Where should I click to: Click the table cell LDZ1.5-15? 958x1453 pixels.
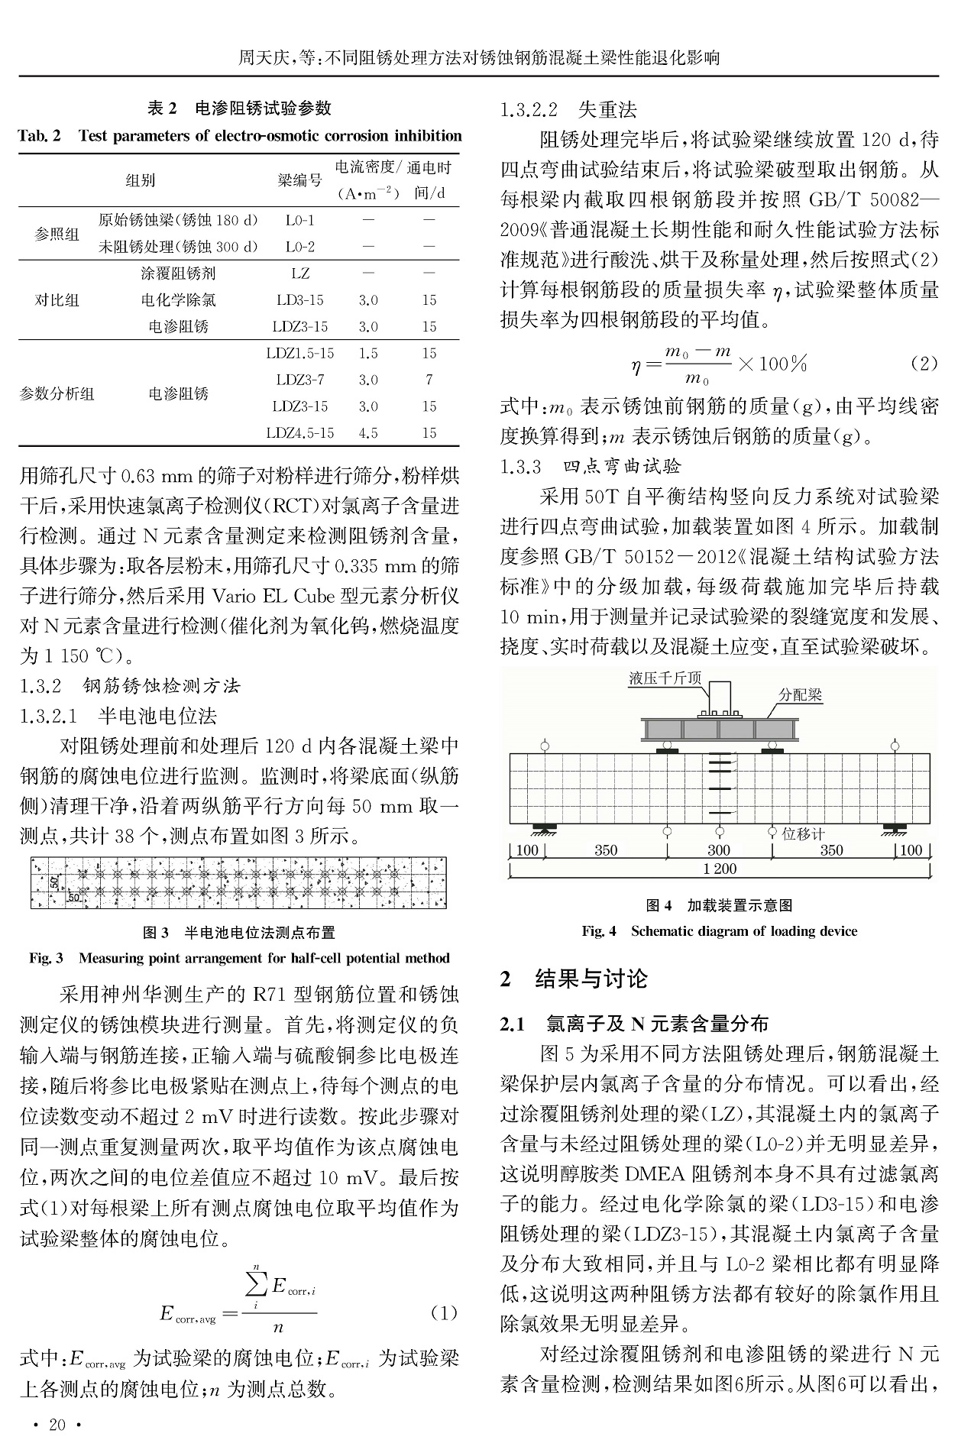pyautogui.click(x=299, y=353)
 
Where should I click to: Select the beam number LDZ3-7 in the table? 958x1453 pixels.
pyautogui.click(x=299, y=380)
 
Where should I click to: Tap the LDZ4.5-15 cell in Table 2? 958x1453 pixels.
pyautogui.click(x=299, y=433)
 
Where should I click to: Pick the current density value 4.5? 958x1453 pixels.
pyautogui.click(x=368, y=433)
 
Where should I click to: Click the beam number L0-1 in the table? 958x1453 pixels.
pyautogui.click(x=299, y=220)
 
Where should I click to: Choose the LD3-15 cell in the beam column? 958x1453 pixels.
pyautogui.click(x=299, y=300)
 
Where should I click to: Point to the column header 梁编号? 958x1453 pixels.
pyautogui.click(x=299, y=180)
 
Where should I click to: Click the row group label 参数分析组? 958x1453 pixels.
pyautogui.click(x=57, y=393)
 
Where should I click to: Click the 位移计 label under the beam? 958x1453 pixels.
pyautogui.click(x=803, y=833)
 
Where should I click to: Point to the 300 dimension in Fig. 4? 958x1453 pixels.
pyautogui.click(x=718, y=850)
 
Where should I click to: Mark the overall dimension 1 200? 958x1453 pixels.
pyautogui.click(x=719, y=869)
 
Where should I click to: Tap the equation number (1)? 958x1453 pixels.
pyautogui.click(x=444, y=1312)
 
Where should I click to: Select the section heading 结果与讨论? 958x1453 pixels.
pyautogui.click(x=591, y=979)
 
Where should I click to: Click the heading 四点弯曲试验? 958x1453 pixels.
pyautogui.click(x=622, y=466)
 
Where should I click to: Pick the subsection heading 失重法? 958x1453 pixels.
pyautogui.click(x=607, y=110)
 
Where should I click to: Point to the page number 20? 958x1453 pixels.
pyautogui.click(x=57, y=1425)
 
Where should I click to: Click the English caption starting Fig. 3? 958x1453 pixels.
pyautogui.click(x=239, y=958)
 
